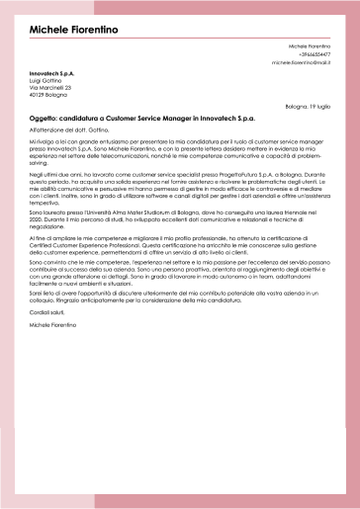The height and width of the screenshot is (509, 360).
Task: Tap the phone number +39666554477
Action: [x=312, y=54]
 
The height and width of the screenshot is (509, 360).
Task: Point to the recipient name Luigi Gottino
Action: [x=46, y=81]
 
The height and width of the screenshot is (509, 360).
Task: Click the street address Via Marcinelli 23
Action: [x=50, y=88]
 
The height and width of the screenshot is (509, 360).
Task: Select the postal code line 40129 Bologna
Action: [x=48, y=95]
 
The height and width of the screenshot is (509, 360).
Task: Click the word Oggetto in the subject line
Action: [x=45, y=117]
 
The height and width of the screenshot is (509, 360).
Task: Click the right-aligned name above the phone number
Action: [x=310, y=46]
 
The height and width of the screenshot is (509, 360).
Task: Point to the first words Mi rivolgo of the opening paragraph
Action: [x=43, y=142]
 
